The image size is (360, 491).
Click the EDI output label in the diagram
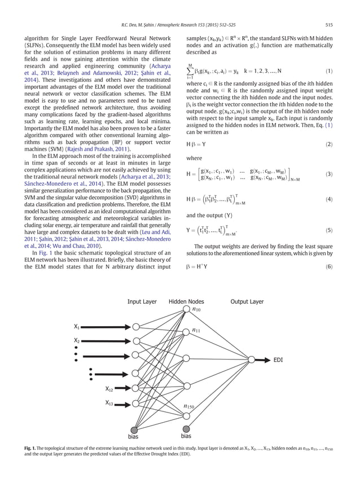pos(279,360)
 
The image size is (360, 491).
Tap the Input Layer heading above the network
pos(142,302)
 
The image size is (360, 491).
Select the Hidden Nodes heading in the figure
pos(186,302)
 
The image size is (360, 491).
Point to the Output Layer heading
pos(246,302)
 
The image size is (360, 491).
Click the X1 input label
pos(77,327)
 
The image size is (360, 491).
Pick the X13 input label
pos(109,403)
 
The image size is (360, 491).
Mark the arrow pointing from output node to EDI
pos(262,360)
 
